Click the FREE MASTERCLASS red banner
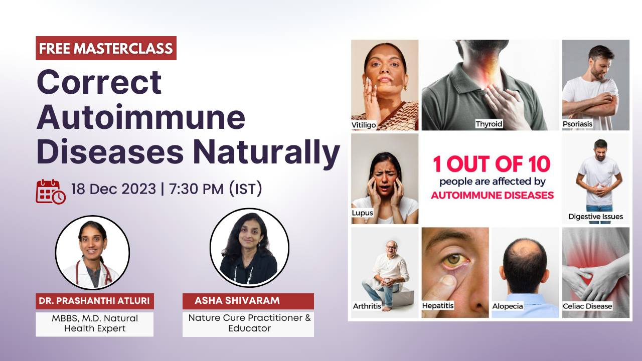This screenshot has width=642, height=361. [x=106, y=48]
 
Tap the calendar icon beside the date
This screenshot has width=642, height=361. [x=50, y=192]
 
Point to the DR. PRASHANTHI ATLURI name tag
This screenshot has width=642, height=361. [x=95, y=301]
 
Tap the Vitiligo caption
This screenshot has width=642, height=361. [x=364, y=125]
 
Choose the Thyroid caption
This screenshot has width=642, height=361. [x=489, y=123]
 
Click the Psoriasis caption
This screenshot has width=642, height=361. [x=577, y=123]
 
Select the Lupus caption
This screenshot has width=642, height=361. [x=363, y=213]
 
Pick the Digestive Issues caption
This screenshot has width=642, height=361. [x=595, y=217]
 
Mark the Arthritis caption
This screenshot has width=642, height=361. [x=366, y=305]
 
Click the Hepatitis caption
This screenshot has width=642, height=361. [x=438, y=305]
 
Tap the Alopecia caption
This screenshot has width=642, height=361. [x=508, y=305]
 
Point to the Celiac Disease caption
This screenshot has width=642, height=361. [x=587, y=305]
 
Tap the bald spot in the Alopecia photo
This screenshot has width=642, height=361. [x=524, y=247]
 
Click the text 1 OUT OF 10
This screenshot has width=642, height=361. [x=491, y=164]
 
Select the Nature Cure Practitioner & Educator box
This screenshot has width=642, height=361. [x=248, y=323]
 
